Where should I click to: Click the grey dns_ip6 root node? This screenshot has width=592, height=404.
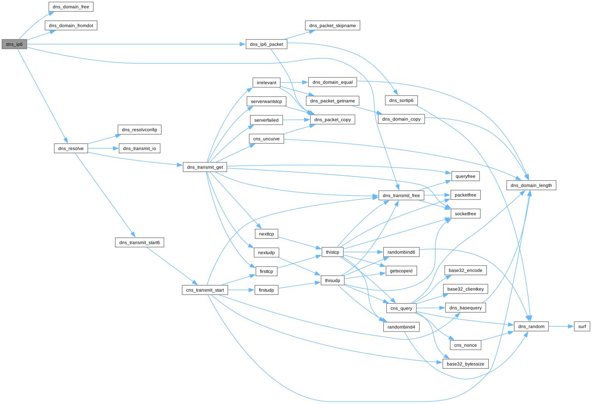(14, 44)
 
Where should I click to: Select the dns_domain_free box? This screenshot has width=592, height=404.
(71, 7)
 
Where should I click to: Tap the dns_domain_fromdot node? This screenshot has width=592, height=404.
(71, 26)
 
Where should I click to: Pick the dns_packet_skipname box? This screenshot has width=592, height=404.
(332, 26)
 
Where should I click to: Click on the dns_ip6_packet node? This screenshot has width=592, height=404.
(266, 44)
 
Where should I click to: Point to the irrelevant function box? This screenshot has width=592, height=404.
(266, 83)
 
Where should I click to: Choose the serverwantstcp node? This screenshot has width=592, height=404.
(266, 102)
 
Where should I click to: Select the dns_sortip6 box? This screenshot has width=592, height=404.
(401, 101)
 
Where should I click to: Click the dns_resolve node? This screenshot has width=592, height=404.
(71, 148)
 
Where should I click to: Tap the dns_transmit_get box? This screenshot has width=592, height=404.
(205, 167)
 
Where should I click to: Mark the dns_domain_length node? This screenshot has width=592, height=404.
(531, 185)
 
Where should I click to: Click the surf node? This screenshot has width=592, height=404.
(582, 327)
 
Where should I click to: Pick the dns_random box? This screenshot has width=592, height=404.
(531, 327)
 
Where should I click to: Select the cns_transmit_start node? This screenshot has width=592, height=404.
(205, 290)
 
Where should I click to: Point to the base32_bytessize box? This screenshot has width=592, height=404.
(465, 364)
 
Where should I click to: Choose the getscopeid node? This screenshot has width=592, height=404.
(401, 271)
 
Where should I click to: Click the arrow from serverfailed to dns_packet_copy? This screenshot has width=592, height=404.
(296, 120)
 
